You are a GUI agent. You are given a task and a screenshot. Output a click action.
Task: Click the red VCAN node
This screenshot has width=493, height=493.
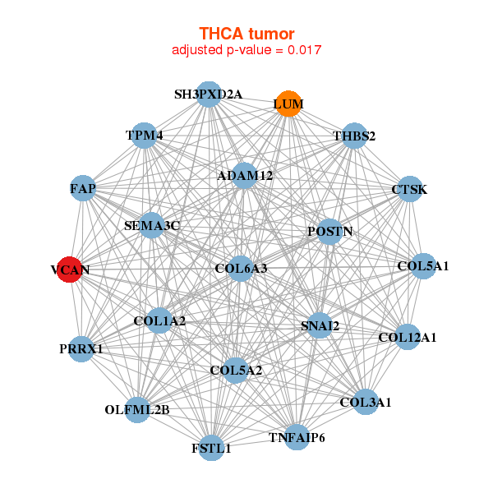70,270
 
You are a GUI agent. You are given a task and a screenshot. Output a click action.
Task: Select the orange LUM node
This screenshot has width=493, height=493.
288,104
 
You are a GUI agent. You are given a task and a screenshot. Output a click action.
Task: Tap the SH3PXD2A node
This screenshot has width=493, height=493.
209,94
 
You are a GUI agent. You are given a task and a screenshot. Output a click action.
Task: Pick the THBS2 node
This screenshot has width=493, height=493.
353,136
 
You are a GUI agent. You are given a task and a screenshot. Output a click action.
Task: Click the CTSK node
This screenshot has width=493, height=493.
409,190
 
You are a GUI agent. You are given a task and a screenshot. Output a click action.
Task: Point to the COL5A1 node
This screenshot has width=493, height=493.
422,266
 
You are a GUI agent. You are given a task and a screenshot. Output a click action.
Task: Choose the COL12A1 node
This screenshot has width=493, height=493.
407,337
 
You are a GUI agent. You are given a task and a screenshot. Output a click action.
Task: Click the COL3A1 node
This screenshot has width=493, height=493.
366,402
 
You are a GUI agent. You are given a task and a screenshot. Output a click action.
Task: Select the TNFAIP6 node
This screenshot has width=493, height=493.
297,436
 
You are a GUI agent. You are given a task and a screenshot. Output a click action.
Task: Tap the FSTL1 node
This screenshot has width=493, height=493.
212,448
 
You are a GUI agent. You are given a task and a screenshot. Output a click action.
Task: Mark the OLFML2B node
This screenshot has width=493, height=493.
137,409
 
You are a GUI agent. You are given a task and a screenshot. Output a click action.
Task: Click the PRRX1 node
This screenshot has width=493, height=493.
81,348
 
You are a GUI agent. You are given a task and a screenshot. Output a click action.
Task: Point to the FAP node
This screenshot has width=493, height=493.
83,189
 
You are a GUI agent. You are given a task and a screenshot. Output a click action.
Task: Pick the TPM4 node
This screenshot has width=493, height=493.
145,136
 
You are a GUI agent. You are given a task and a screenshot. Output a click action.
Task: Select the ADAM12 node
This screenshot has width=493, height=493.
245,175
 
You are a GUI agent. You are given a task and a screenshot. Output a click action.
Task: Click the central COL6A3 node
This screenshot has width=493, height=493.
241,268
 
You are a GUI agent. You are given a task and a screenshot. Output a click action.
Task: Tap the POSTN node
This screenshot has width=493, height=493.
329,232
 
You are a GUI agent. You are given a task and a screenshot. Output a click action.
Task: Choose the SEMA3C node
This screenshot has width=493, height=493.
151,224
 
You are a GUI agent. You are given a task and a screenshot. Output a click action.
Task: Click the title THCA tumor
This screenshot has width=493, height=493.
246,34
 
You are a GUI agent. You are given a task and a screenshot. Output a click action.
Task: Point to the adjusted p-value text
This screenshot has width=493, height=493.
246,50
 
